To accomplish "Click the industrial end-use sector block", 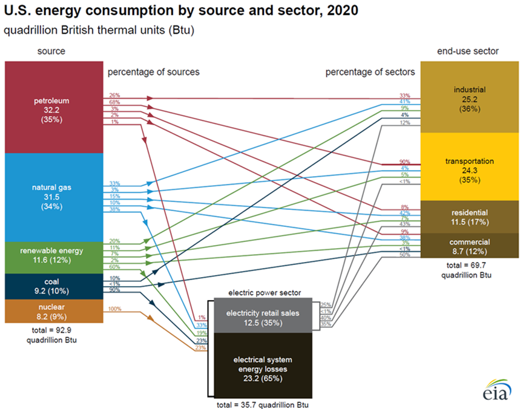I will tap(469, 97).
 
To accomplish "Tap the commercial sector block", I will tap(469, 245).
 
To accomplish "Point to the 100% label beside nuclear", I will tap(114, 309).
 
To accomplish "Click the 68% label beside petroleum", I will tap(114, 102).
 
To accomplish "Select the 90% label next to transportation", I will tap(405, 162).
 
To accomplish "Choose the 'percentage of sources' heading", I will tap(153, 72).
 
